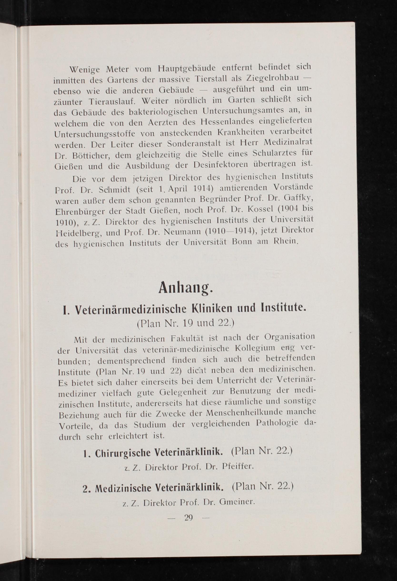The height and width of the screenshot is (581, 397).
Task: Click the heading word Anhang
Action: point(186,288)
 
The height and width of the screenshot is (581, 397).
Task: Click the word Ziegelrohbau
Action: point(273,78)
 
